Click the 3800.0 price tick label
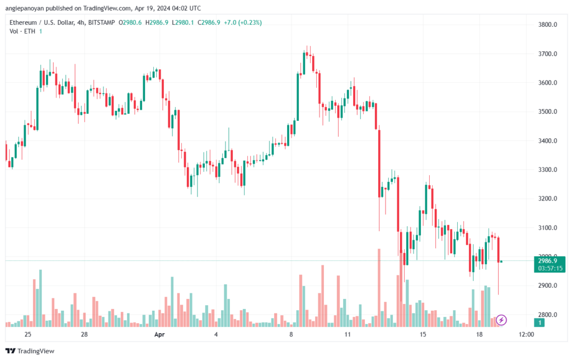pyautogui.click(x=547, y=25)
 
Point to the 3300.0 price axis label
pyautogui.click(x=547, y=170)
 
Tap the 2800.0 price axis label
pyautogui.click(x=547, y=315)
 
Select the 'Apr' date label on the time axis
pyautogui.click(x=159, y=334)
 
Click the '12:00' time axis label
pyautogui.click(x=526, y=334)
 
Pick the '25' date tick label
pyautogui.click(x=28, y=334)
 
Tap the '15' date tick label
pyautogui.click(x=423, y=334)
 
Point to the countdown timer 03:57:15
pyautogui.click(x=550, y=269)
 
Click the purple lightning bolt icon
pyautogui.click(x=501, y=320)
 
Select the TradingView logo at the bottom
pyautogui.click(x=30, y=351)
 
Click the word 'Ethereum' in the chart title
pyautogui.click(x=22, y=22)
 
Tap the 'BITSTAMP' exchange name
pyautogui.click(x=102, y=22)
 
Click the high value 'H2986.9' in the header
pyautogui.click(x=157, y=22)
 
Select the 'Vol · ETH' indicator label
pyautogui.click(x=22, y=31)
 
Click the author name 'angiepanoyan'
pyautogui.click(x=24, y=8)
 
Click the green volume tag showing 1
pyautogui.click(x=539, y=322)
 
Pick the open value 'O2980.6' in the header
pyautogui.click(x=130, y=22)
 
